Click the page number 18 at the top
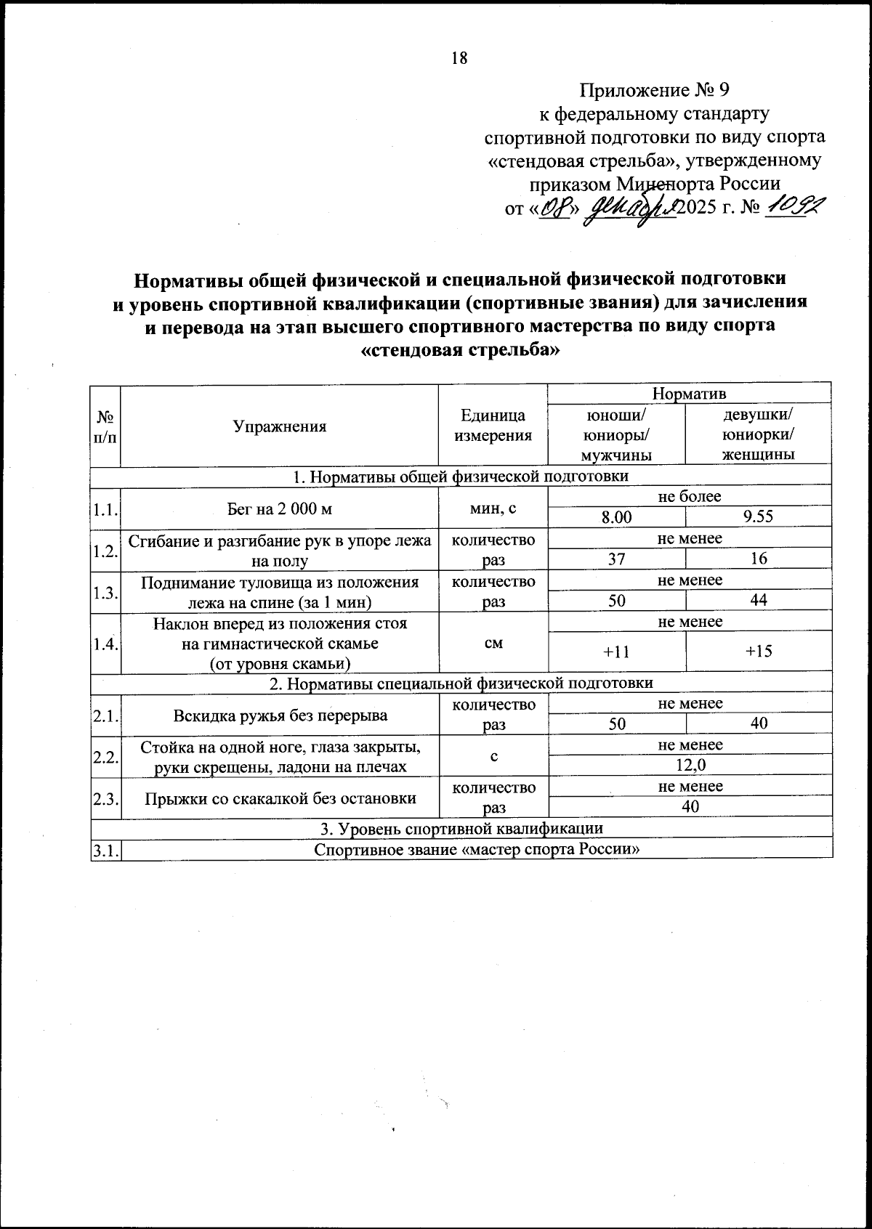459,58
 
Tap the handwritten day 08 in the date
555,209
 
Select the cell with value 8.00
617,516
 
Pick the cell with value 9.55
758,516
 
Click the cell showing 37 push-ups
617,559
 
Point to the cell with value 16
758,559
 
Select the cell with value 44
758,600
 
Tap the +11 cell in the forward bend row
617,651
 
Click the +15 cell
758,651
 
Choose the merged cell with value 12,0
690,764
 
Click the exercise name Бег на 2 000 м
280,508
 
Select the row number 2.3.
105,798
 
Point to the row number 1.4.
105,643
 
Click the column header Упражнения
280,426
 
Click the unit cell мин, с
493,508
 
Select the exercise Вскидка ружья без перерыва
280,715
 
